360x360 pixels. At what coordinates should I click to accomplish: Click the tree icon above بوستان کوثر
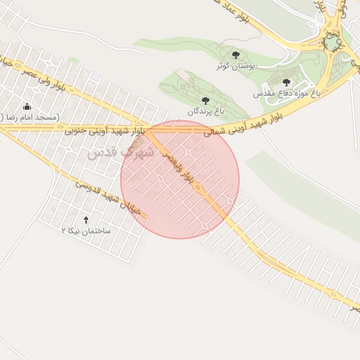(x=236, y=54)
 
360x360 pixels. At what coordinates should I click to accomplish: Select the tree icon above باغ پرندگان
(x=205, y=101)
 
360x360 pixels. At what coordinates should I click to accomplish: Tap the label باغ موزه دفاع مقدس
(x=287, y=93)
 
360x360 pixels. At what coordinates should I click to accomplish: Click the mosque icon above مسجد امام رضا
(x=27, y=106)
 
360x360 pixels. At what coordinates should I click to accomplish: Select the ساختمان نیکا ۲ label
(x=86, y=231)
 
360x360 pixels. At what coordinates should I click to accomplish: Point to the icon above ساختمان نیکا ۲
(x=86, y=220)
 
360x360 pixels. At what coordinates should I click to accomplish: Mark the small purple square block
(x=94, y=79)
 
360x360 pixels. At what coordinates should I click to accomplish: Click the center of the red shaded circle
(x=180, y=179)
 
